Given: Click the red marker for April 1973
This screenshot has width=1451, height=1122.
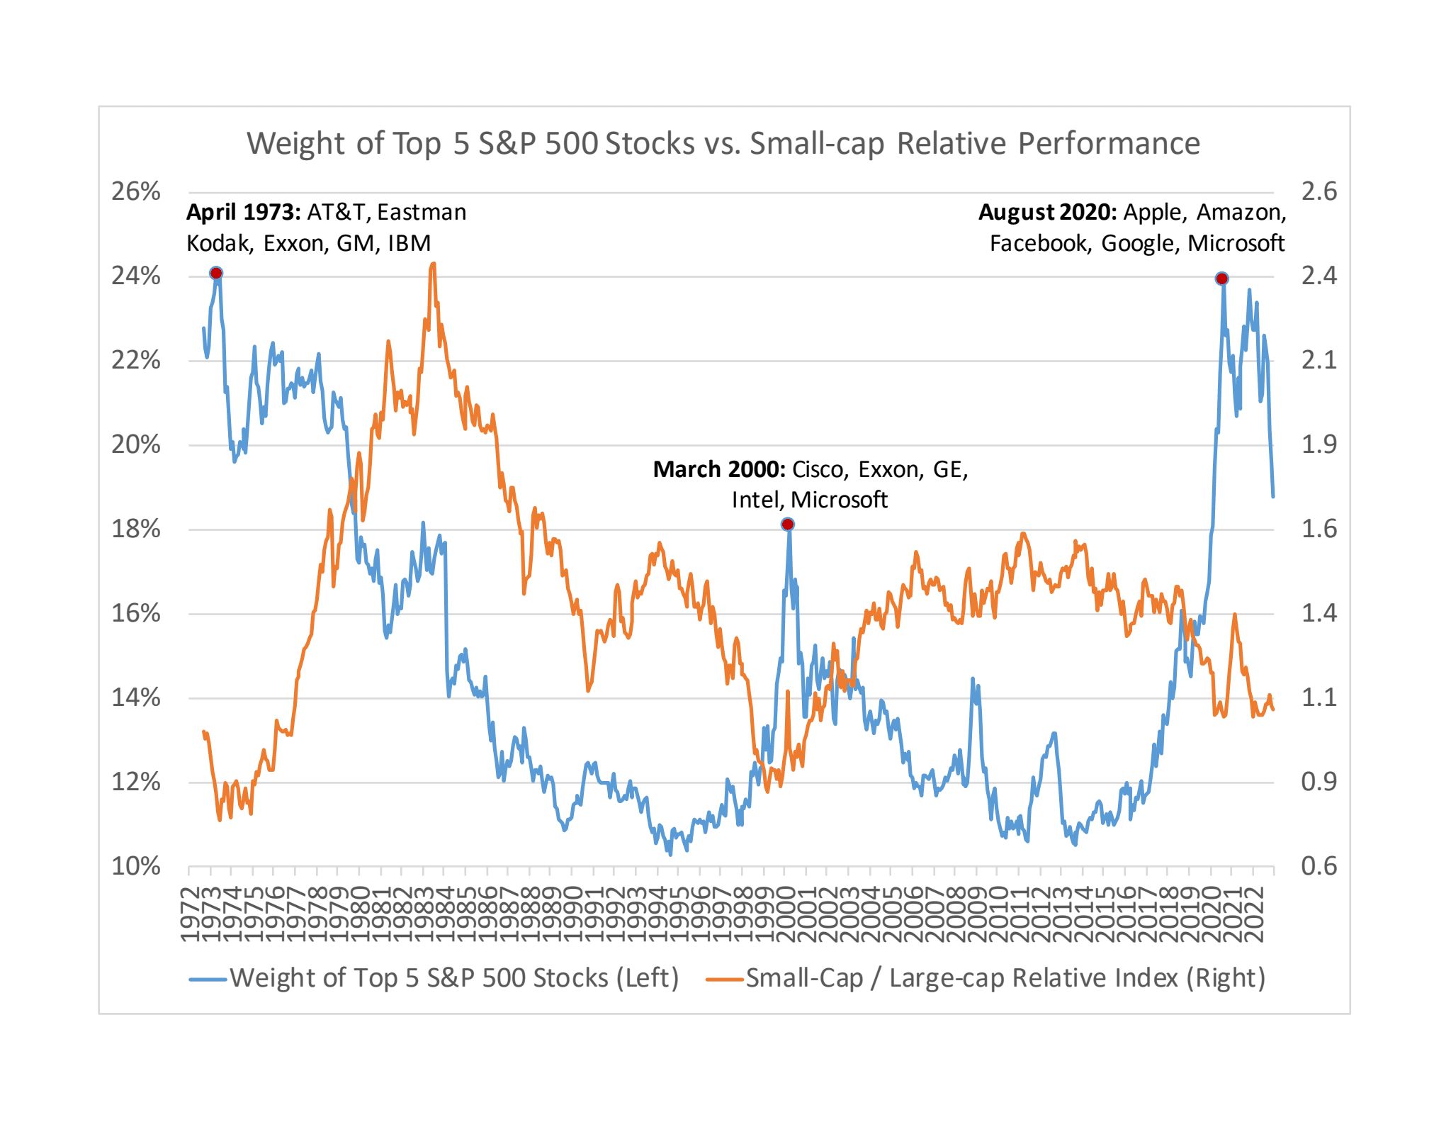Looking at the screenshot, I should point(216,274).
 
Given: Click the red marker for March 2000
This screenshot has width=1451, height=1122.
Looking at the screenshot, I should point(787,524).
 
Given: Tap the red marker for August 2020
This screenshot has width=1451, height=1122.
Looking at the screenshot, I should point(1221,279).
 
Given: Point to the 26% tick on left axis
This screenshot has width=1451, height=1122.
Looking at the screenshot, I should point(135,191).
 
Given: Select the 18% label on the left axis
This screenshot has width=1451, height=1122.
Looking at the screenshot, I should point(135,529).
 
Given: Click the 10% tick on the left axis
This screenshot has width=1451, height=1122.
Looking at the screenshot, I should point(135,866).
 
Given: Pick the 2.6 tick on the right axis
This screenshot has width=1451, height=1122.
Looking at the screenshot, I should point(1319,191).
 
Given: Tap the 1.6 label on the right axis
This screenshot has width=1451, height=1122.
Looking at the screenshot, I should point(1319,529).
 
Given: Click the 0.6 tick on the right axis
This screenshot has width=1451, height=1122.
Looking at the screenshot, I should point(1319,866).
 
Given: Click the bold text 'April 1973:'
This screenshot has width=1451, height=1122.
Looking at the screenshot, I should point(244,212).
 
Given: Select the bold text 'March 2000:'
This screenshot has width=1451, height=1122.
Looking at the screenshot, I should point(718,469).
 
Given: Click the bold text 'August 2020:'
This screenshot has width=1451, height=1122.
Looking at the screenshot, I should point(1047,212).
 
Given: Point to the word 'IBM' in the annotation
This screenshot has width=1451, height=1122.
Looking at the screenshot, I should point(409,243).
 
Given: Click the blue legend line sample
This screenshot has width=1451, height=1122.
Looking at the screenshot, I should point(208,979).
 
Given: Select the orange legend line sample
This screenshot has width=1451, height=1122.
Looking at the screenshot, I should point(724,979).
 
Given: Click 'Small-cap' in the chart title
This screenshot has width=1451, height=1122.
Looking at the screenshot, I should point(817,143).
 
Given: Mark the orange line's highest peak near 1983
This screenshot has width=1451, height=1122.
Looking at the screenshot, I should point(433,264).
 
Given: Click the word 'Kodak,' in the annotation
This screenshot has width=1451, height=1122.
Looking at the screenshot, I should point(220,243).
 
